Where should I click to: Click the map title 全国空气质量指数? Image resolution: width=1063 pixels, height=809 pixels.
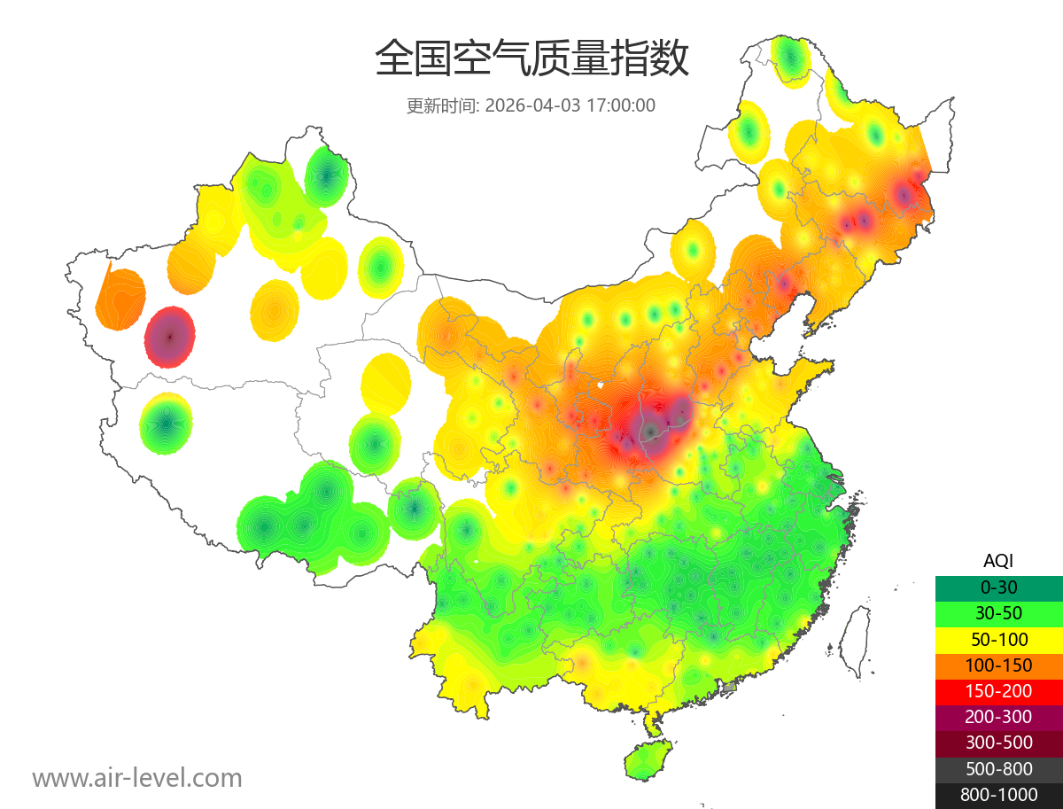[x=531, y=58]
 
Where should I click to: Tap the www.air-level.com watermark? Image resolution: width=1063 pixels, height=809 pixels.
[x=137, y=778]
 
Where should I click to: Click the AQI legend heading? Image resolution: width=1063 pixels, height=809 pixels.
[x=998, y=560]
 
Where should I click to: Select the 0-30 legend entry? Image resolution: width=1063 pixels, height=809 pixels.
[x=998, y=587]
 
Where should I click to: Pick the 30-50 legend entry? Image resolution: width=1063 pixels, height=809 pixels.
[x=998, y=612]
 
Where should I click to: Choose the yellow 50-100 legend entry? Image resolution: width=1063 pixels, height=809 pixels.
[x=998, y=639]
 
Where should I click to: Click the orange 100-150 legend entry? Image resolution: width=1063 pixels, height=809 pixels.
[x=998, y=665]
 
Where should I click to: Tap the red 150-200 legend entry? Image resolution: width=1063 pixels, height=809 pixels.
[x=998, y=690]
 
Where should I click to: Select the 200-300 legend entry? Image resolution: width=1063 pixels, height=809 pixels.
[x=998, y=717]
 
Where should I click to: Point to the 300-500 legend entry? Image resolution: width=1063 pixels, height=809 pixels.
[x=998, y=743]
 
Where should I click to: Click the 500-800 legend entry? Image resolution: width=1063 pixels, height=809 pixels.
[x=998, y=768]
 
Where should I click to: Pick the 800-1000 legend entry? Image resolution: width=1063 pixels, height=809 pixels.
[x=998, y=795]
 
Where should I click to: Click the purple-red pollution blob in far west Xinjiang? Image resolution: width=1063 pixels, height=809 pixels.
[x=169, y=337]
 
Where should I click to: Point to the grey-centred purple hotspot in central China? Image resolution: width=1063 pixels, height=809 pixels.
[x=652, y=431]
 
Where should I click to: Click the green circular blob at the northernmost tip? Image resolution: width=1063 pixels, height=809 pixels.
[x=790, y=59]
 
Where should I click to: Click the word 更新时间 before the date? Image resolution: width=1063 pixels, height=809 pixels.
[x=442, y=105]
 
